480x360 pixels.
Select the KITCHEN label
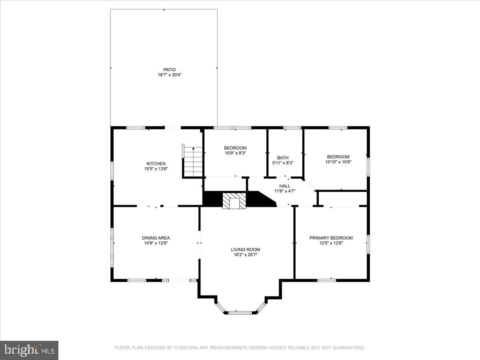[156, 164]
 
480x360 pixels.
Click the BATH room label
[283, 158]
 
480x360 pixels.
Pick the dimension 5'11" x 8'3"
[283, 163]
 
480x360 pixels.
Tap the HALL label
[285, 186]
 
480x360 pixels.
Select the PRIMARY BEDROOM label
[331, 238]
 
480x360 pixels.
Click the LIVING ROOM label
[246, 250]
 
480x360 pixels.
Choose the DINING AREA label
[156, 238]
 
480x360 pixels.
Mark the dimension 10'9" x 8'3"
[235, 153]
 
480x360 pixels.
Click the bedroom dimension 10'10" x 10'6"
[338, 162]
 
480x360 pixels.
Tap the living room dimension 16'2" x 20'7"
[246, 255]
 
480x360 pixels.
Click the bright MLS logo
[29, 350]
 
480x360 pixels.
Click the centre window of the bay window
[240, 312]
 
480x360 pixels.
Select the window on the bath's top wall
[292, 128]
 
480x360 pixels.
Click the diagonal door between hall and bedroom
[309, 185]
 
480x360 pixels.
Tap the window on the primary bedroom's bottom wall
[327, 280]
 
